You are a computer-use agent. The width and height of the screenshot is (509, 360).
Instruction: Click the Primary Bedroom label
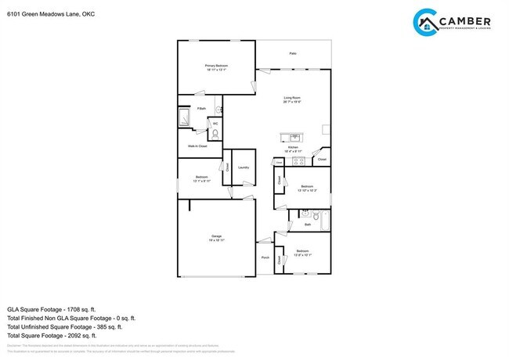215,66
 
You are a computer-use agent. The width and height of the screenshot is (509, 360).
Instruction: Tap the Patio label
293,53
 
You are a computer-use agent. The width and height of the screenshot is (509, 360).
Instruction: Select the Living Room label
292,97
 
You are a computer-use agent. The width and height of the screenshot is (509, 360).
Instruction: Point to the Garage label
216,236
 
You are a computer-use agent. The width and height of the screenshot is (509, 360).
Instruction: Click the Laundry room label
244,167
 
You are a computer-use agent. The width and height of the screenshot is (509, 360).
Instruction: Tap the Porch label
265,257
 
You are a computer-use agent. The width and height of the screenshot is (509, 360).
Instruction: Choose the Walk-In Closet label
197,146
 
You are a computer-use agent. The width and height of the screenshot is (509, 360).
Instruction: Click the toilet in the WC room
215,134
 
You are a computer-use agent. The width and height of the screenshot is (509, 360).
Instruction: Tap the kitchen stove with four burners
297,161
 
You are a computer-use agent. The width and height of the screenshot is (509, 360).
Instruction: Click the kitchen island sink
287,138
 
